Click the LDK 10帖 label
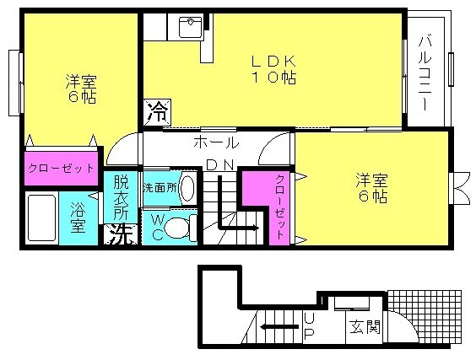pos(273,70)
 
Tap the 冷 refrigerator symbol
pos(157,112)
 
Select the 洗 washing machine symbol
pos(121,234)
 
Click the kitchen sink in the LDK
pos(190,27)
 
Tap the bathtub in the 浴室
pos(41,218)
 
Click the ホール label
pos(216,142)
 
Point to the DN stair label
pos(220,165)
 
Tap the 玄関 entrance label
pos(365,326)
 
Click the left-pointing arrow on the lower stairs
pos(279,326)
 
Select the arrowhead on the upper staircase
pos(257,228)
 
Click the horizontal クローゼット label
pos(61,168)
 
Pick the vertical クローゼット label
pos(279,207)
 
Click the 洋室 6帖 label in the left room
pos(81,89)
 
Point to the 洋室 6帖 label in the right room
pos(371,188)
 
